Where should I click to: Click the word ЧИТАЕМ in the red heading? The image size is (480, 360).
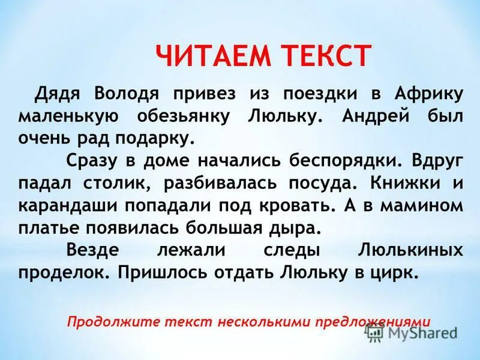[211, 56]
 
